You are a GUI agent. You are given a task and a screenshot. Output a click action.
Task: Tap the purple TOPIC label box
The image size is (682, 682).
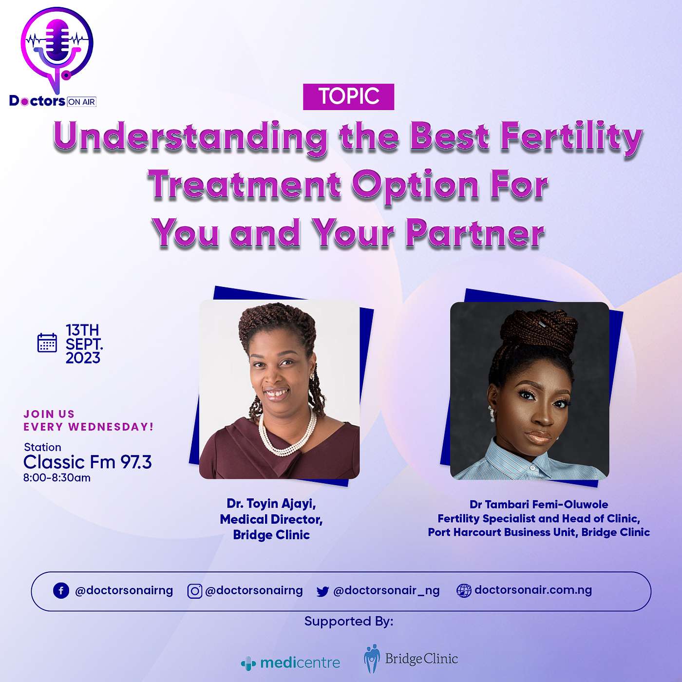tap(349, 96)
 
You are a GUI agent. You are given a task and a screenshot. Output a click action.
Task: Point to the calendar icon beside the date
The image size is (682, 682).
tap(47, 342)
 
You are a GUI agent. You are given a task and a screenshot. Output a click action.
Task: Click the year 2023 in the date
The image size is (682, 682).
tap(83, 358)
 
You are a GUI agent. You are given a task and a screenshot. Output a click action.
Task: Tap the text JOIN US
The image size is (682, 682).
tap(49, 414)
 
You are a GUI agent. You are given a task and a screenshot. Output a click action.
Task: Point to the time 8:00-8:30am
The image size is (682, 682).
tap(57, 478)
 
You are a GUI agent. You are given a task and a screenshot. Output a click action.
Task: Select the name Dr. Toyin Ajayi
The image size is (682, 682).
tap(271, 503)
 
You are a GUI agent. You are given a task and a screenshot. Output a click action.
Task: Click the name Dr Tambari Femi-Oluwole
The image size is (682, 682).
tap(539, 504)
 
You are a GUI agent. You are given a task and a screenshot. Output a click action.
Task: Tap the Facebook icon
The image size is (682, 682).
tap(61, 591)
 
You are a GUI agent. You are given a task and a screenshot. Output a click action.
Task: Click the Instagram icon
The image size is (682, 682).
tap(194, 591)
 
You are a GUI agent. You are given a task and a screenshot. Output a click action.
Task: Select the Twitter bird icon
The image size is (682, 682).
tap(322, 591)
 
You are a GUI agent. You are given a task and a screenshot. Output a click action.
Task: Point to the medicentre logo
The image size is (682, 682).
tap(290, 663)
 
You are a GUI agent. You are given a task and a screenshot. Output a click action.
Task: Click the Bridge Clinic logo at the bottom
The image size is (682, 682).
tap(411, 659)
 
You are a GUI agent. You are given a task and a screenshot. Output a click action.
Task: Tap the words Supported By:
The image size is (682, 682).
tap(349, 621)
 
